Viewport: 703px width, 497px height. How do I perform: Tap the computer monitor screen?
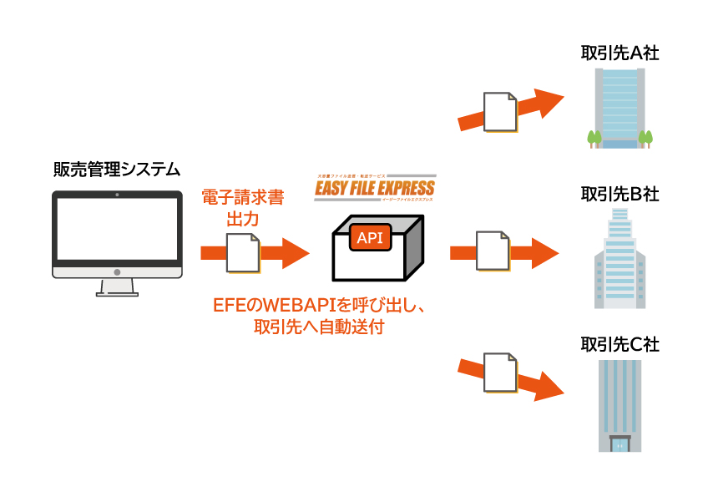(x=117, y=229)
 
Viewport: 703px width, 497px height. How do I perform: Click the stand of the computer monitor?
(x=117, y=287)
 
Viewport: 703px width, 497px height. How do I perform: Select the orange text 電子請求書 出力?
(x=243, y=209)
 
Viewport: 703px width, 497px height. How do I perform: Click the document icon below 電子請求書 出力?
(x=243, y=252)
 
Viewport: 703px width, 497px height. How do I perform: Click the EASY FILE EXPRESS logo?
(x=374, y=188)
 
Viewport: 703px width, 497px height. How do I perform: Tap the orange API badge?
(x=369, y=238)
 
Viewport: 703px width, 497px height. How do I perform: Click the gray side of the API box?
(x=415, y=247)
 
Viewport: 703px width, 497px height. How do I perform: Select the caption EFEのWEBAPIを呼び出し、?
(x=320, y=306)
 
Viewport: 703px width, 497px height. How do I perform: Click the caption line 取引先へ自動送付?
(x=320, y=327)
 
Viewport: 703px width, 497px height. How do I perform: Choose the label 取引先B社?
(x=620, y=195)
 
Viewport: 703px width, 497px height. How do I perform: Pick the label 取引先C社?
(x=620, y=344)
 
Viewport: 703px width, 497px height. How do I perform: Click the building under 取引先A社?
(x=620, y=109)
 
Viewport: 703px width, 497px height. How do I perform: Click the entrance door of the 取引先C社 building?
(x=620, y=444)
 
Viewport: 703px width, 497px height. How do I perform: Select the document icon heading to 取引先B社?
(x=493, y=251)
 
